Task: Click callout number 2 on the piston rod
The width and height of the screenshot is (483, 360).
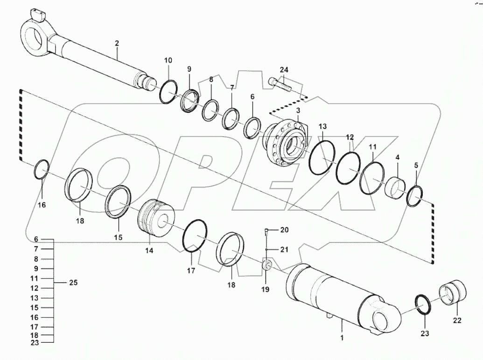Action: tap(117, 43)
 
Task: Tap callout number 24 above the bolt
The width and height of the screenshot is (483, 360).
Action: tap(284, 70)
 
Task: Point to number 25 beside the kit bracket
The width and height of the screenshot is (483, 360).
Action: tap(73, 283)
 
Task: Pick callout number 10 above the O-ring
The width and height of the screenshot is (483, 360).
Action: tap(168, 60)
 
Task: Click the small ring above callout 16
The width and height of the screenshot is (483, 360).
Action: tap(42, 169)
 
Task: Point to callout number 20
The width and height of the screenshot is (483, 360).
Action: tap(284, 230)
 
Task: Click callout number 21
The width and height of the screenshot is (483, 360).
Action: tap(284, 249)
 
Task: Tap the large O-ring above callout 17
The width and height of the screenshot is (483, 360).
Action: tap(194, 236)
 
